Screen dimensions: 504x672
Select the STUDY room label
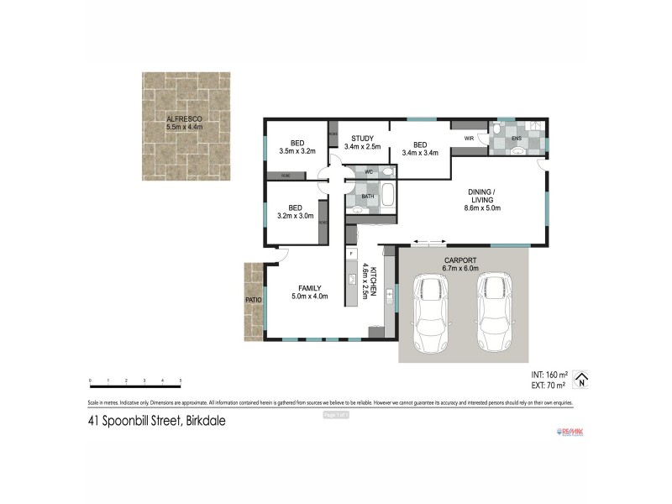362,139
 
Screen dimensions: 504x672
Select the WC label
369,171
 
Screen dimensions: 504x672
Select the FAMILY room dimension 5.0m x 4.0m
309,296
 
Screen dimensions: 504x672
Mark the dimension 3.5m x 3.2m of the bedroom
297,152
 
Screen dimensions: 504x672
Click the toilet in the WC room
386,172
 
